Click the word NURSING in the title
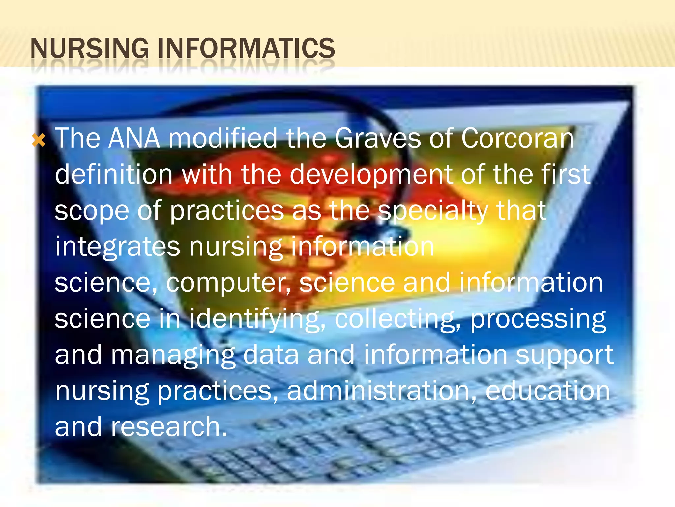pyautogui.click(x=89, y=49)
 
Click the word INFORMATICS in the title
pyautogui.click(x=247, y=49)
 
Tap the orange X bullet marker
pyautogui.click(x=39, y=141)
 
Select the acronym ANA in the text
pyautogui.click(x=134, y=138)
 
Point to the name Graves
pyautogui.click(x=377, y=138)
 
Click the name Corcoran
pyautogui.click(x=517, y=138)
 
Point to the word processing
pyautogui.click(x=538, y=320)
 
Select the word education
pyautogui.click(x=547, y=391)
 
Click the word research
pyautogui.click(x=169, y=427)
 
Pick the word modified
pyautogui.click(x=223, y=138)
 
